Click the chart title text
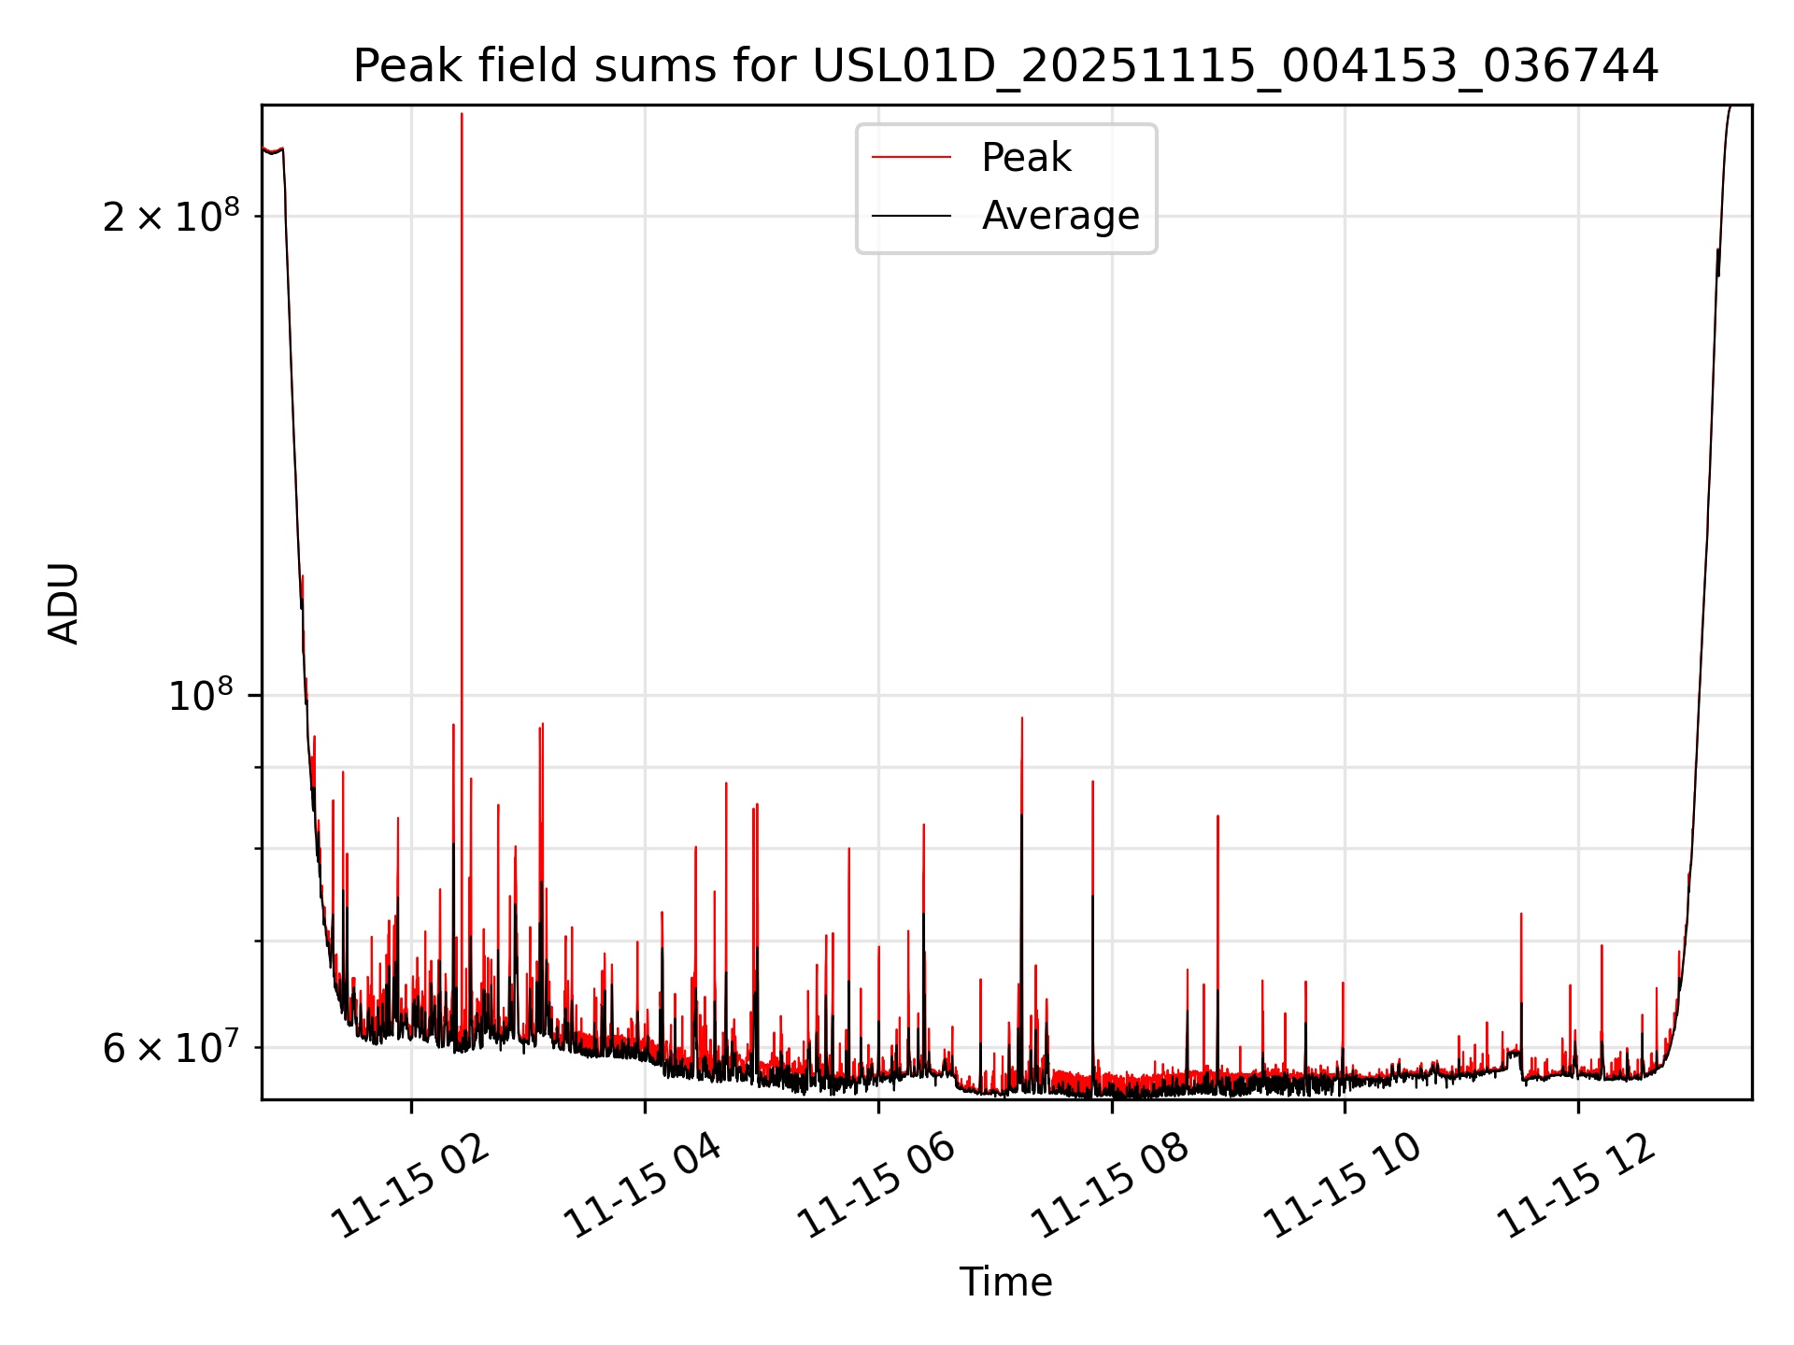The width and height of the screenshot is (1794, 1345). pyautogui.click(x=1005, y=66)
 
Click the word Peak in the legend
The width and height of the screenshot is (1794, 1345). pyautogui.click(x=1026, y=158)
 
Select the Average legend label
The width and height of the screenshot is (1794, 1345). pyautogui.click(x=1060, y=216)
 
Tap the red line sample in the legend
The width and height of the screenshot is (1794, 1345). pyautogui.click(x=911, y=158)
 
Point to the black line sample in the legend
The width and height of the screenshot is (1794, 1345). pyautogui.click(x=911, y=216)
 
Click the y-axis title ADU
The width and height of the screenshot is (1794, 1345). pyautogui.click(x=64, y=603)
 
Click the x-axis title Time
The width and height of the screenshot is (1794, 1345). pyautogui.click(x=1005, y=1282)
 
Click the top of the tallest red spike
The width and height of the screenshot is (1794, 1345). pyautogui.click(x=462, y=114)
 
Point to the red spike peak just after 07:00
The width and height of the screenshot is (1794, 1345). pyautogui.click(x=1022, y=718)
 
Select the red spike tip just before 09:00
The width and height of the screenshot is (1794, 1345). pyautogui.click(x=1217, y=816)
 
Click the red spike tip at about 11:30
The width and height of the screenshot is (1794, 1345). pyautogui.click(x=1521, y=913)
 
